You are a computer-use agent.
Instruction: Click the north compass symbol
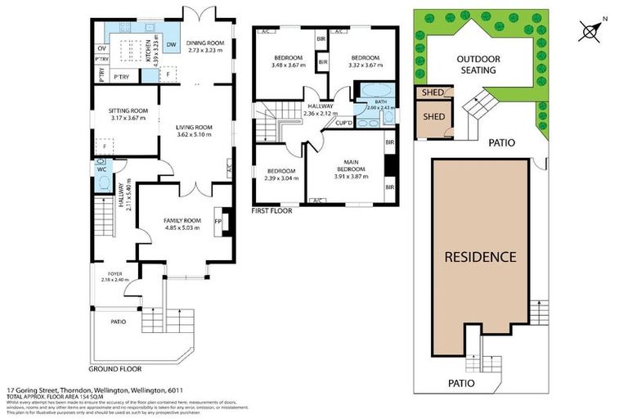click(x=591, y=31)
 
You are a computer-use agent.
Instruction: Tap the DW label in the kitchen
click(x=171, y=45)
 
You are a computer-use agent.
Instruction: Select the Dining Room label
click(x=205, y=46)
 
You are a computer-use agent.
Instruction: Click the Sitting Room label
click(x=128, y=114)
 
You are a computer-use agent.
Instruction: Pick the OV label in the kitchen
click(x=101, y=48)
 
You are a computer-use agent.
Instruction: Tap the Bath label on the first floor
click(x=380, y=105)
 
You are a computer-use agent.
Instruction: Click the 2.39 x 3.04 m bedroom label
click(x=280, y=174)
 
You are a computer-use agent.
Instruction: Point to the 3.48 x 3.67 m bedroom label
click(x=286, y=61)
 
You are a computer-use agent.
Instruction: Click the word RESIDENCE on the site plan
click(x=480, y=257)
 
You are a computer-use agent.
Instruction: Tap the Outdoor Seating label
click(x=476, y=65)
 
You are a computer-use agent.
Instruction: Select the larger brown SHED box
click(x=433, y=117)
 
